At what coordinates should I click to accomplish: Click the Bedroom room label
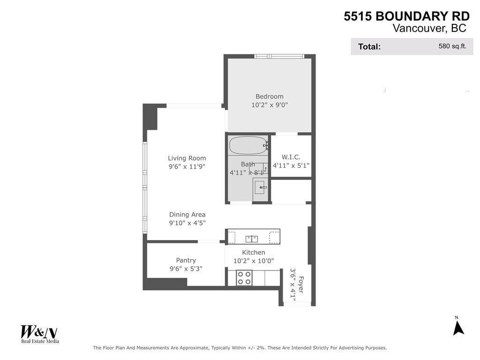click(x=270, y=97)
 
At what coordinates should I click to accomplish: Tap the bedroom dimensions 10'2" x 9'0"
click(x=270, y=105)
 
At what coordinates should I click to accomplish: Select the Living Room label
click(x=187, y=158)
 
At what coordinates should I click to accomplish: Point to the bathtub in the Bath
click(x=247, y=145)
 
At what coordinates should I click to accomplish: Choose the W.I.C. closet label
click(x=291, y=157)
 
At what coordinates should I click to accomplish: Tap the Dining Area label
click(x=187, y=215)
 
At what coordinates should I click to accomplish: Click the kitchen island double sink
click(x=252, y=239)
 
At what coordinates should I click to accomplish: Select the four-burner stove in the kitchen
click(x=244, y=278)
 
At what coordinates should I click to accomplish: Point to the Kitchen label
click(x=254, y=253)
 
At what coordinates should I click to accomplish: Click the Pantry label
click(x=186, y=261)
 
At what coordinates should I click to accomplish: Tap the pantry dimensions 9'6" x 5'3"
click(x=186, y=269)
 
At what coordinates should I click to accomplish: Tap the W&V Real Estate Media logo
click(x=39, y=334)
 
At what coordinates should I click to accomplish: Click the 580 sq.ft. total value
click(x=452, y=46)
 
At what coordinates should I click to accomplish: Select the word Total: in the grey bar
click(x=369, y=47)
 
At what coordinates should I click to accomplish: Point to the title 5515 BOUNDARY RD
click(x=406, y=16)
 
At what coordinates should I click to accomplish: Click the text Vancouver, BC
click(x=429, y=29)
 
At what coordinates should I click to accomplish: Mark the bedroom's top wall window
click(x=279, y=56)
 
